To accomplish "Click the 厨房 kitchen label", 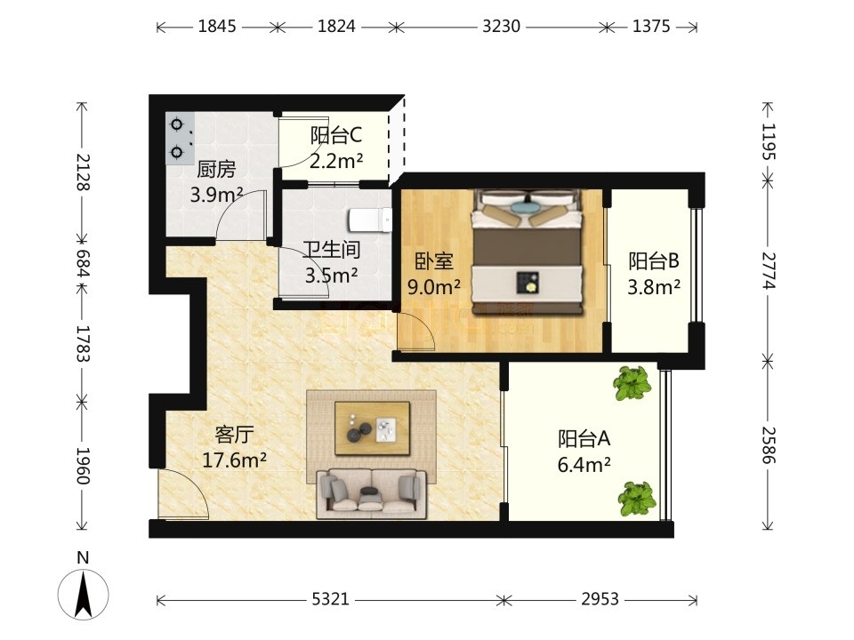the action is tap(216, 170).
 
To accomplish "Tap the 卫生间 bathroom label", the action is tap(332, 250).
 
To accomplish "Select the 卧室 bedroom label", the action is tap(434, 261).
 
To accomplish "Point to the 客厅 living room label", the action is tap(234, 435).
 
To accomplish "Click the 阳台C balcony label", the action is tap(336, 135).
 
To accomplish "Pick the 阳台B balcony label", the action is tap(654, 260).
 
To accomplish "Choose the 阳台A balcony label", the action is tap(584, 438).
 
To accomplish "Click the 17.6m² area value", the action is tap(234, 460).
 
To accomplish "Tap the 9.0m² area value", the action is tap(434, 287).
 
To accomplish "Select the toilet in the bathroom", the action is tap(370, 220).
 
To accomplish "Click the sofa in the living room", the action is tap(372, 493).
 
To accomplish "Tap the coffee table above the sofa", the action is tap(373, 428).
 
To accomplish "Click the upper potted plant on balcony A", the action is tap(632, 383).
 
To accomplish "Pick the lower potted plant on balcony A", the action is tap(637, 499).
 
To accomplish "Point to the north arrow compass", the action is tap(84, 595).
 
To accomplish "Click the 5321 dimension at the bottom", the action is tap(330, 599).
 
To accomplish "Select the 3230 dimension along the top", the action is tap(501, 26).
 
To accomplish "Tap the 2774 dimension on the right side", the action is tap(769, 270).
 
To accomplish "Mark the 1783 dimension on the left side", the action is tap(82, 343).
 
